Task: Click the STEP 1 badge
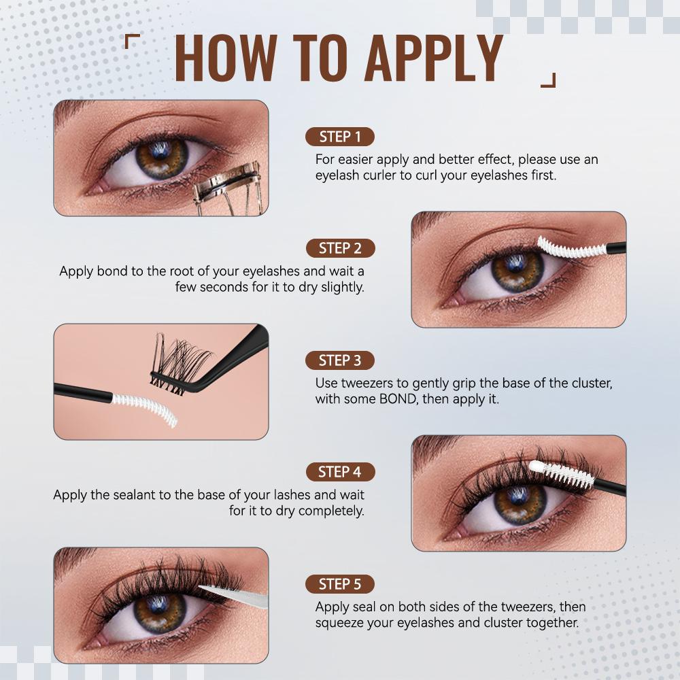(x=339, y=137)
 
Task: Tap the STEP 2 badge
(x=339, y=248)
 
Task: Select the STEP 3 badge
(x=339, y=360)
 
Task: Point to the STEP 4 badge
(x=339, y=472)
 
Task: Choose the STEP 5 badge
(x=339, y=584)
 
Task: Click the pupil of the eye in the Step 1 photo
(x=161, y=158)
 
